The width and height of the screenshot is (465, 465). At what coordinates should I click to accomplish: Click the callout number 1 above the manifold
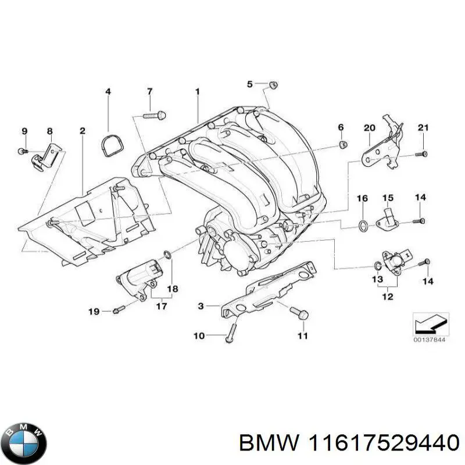(x=197, y=91)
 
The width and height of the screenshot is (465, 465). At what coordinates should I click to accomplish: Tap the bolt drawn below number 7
(x=153, y=116)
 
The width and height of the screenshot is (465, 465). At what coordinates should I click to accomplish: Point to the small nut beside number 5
(x=273, y=85)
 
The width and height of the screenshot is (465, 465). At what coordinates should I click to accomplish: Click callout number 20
(x=370, y=127)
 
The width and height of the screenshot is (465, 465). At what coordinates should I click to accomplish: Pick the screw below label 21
(x=423, y=153)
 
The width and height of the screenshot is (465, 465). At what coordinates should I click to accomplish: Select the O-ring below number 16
(x=362, y=225)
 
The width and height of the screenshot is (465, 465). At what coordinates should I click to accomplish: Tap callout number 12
(x=388, y=296)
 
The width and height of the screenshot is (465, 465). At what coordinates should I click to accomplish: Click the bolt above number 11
(x=301, y=314)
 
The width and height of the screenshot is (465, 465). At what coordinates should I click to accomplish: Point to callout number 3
(x=201, y=305)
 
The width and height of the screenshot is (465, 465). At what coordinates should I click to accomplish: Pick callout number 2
(x=83, y=131)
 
